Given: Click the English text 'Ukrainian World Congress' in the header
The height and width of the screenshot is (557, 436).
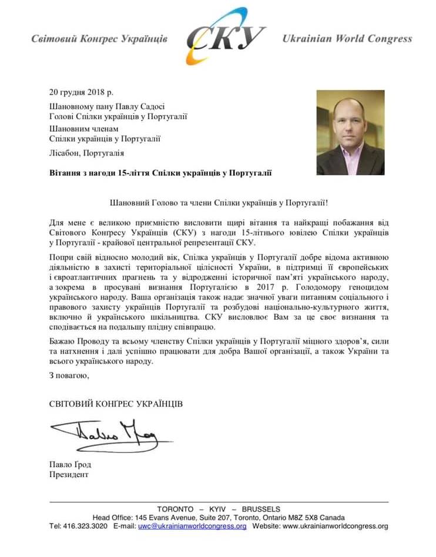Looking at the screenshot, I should [x=347, y=39].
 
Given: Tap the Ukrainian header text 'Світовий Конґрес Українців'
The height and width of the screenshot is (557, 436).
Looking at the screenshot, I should [x=100, y=39].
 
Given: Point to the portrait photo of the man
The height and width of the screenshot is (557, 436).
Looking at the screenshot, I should [x=350, y=132].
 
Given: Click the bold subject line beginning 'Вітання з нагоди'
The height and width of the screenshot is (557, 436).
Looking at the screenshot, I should [x=161, y=173].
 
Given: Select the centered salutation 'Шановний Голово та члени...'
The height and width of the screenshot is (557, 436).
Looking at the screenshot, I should [x=219, y=202].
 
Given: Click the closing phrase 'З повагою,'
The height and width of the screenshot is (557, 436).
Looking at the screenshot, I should [x=69, y=375].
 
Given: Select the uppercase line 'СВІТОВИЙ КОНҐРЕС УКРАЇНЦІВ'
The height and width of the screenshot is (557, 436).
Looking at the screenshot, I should [x=116, y=404].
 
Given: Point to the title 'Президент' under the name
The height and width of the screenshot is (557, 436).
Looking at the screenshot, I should [x=69, y=474].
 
